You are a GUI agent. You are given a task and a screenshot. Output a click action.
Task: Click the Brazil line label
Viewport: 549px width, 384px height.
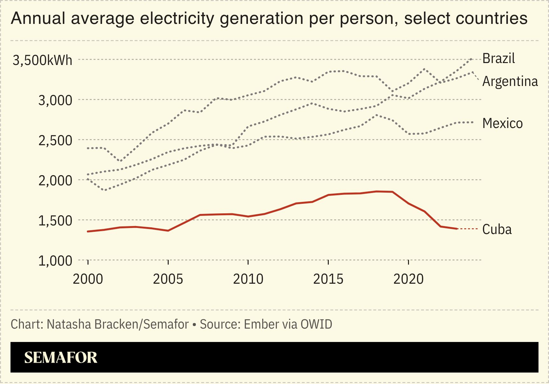click(x=498, y=59)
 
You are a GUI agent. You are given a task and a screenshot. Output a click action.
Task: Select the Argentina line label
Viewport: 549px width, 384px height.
click(x=510, y=82)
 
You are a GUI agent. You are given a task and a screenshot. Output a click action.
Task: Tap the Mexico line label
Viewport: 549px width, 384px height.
click(x=502, y=124)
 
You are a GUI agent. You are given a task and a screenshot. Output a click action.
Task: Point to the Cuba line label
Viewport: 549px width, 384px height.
click(x=497, y=230)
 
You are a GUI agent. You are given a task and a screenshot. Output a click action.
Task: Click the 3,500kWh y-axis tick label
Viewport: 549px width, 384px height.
click(x=42, y=60)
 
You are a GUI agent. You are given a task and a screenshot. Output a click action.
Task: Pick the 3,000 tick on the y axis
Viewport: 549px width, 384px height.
click(x=55, y=101)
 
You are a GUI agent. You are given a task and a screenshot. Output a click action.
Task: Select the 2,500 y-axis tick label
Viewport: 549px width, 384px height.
click(x=55, y=141)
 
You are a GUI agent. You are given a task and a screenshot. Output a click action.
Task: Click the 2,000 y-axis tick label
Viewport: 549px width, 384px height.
click(x=55, y=181)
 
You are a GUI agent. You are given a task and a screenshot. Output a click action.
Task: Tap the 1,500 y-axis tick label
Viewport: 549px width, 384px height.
click(x=55, y=221)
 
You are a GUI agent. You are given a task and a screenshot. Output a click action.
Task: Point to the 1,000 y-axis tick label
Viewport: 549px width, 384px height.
click(x=55, y=261)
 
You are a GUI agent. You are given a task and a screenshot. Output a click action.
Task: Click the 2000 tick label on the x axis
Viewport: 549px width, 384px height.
click(x=88, y=279)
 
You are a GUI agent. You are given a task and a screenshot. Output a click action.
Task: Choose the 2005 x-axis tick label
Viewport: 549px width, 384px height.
click(x=168, y=279)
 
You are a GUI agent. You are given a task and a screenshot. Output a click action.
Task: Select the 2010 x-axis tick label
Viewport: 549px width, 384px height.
click(x=248, y=279)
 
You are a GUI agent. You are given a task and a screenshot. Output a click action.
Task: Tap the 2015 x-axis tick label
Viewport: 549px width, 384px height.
click(x=328, y=279)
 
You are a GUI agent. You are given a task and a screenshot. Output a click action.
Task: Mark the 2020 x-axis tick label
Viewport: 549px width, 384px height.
click(x=408, y=279)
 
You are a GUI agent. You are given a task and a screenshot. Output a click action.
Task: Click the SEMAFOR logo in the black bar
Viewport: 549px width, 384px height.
click(x=61, y=358)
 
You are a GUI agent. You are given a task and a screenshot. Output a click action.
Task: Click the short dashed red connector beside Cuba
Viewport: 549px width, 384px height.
click(x=468, y=229)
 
